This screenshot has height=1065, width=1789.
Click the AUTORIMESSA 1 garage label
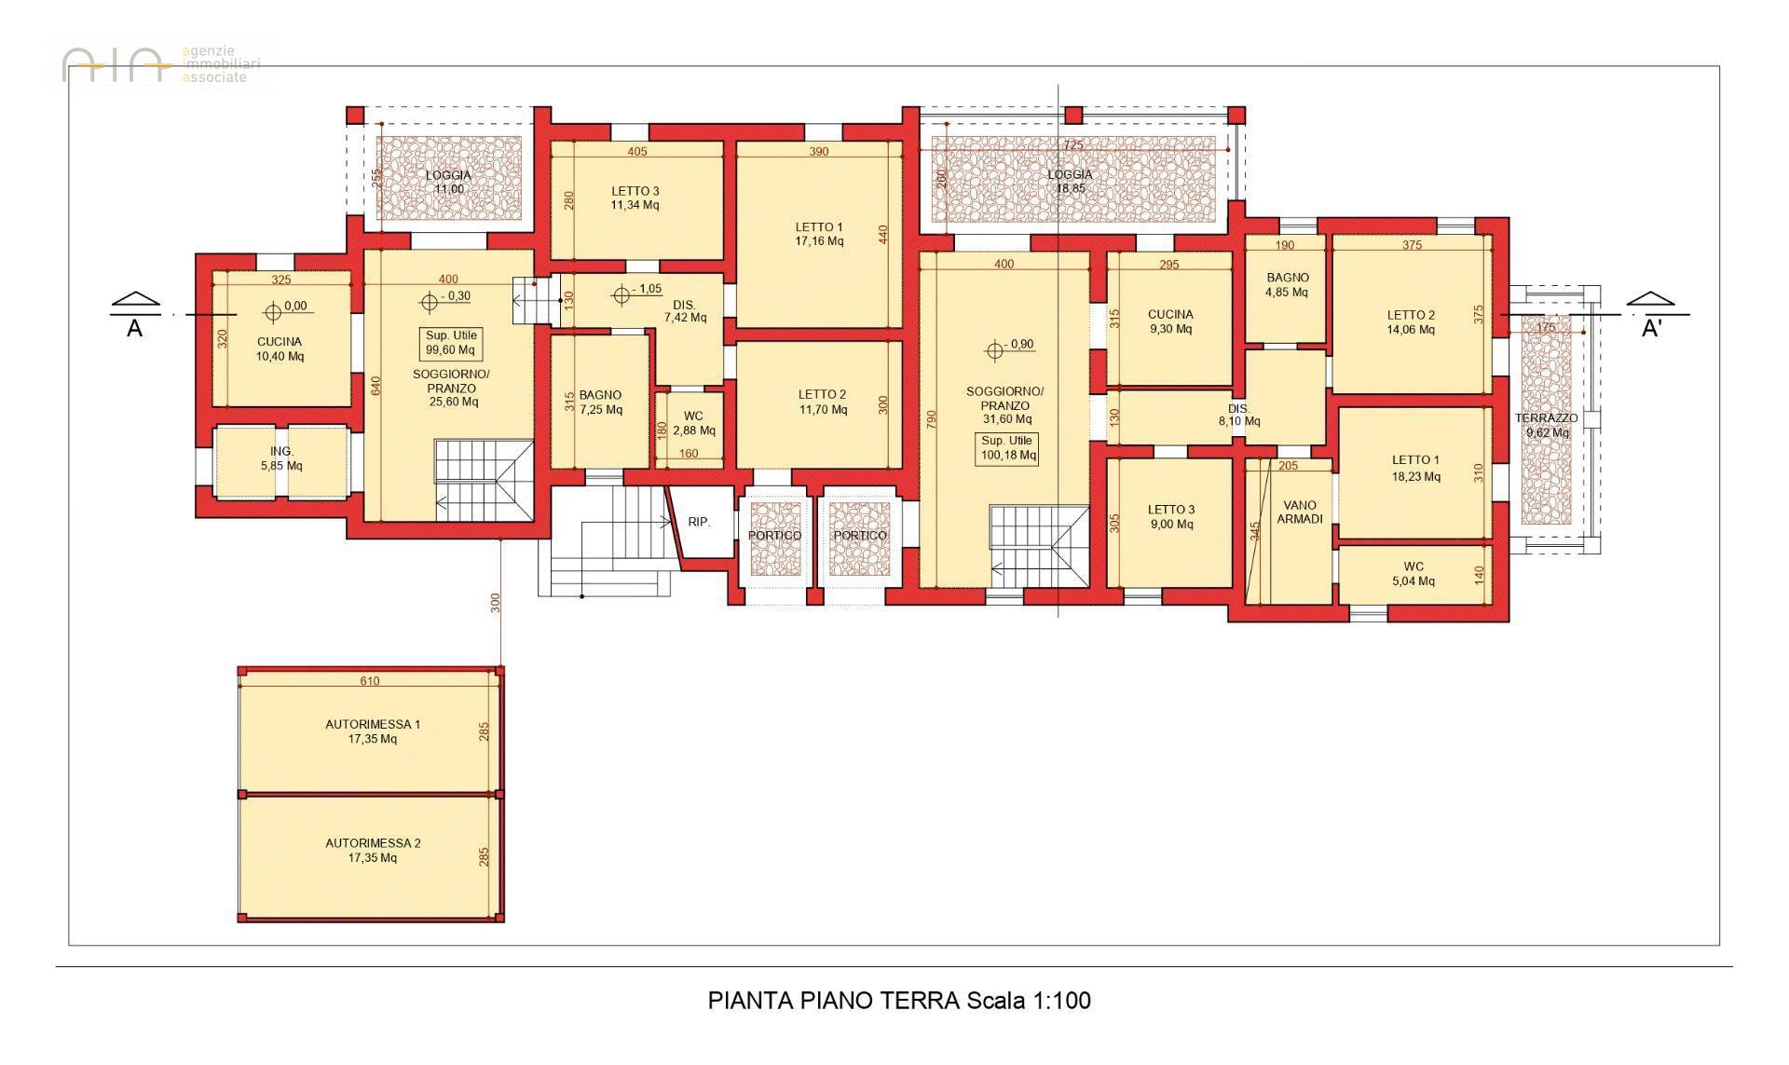click(373, 731)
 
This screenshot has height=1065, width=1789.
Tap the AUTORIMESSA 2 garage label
click(373, 851)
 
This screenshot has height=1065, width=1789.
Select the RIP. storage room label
click(699, 523)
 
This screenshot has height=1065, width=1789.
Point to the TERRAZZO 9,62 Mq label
click(1547, 425)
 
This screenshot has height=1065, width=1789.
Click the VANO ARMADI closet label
click(1300, 512)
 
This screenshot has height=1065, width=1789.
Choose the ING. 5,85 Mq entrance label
click(281, 458)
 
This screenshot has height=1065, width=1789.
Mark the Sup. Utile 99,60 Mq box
click(451, 344)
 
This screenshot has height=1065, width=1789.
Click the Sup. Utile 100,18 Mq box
click(1006, 448)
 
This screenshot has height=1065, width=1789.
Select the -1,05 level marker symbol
click(622, 296)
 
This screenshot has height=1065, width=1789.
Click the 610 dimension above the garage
click(370, 681)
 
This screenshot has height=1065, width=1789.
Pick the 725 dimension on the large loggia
click(1073, 145)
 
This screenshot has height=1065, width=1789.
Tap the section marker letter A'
click(1651, 329)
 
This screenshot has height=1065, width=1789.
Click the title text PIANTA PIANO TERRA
click(833, 1001)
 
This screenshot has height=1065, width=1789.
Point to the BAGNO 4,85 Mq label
click(1288, 284)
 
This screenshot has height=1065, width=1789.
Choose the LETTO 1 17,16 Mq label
click(820, 234)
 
